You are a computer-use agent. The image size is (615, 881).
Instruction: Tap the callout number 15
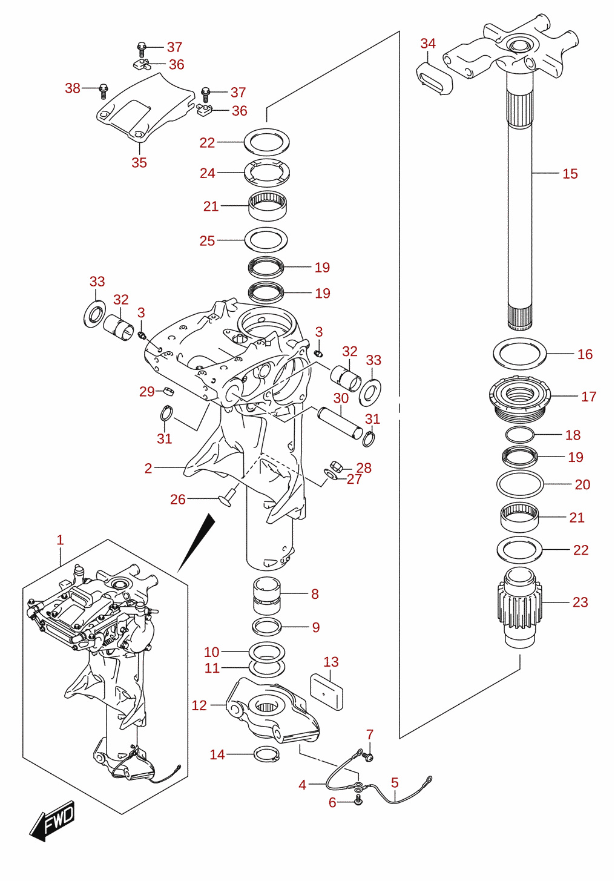pyautogui.click(x=570, y=173)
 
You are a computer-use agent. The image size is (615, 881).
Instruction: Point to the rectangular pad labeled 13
pyautogui.click(x=326, y=692)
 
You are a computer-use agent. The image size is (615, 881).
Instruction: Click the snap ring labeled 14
pyautogui.click(x=266, y=754)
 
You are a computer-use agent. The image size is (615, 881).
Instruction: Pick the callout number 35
pyautogui.click(x=139, y=162)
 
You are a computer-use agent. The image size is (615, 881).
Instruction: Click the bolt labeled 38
pyautogui.click(x=104, y=91)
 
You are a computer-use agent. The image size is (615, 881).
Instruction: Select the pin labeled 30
pyautogui.click(x=341, y=423)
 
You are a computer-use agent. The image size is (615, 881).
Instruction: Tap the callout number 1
pyautogui.click(x=60, y=539)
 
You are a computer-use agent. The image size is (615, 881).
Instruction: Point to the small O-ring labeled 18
pyautogui.click(x=519, y=435)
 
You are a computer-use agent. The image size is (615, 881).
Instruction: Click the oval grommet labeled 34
pyautogui.click(x=434, y=79)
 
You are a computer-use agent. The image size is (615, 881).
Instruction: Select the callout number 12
pyautogui.click(x=199, y=705)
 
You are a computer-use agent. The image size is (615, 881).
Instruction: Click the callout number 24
pyautogui.click(x=208, y=173)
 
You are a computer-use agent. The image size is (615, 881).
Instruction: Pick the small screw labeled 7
pyautogui.click(x=369, y=756)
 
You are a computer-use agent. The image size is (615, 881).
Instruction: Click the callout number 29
pyautogui.click(x=147, y=391)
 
